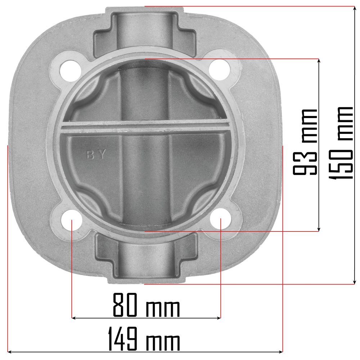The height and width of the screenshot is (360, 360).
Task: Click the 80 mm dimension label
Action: [x=147, y=305]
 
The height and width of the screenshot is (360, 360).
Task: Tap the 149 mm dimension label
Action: [x=144, y=339]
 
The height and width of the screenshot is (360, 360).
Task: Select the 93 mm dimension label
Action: [x=305, y=142]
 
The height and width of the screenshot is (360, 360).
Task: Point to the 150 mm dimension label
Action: [x=341, y=143]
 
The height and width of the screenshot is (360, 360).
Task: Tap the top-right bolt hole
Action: [x=219, y=70]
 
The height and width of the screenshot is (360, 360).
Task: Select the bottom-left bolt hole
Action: [x=72, y=220]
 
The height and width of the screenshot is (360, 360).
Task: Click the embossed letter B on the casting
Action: [x=90, y=154]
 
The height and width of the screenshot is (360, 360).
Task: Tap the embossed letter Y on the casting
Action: [x=102, y=154]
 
